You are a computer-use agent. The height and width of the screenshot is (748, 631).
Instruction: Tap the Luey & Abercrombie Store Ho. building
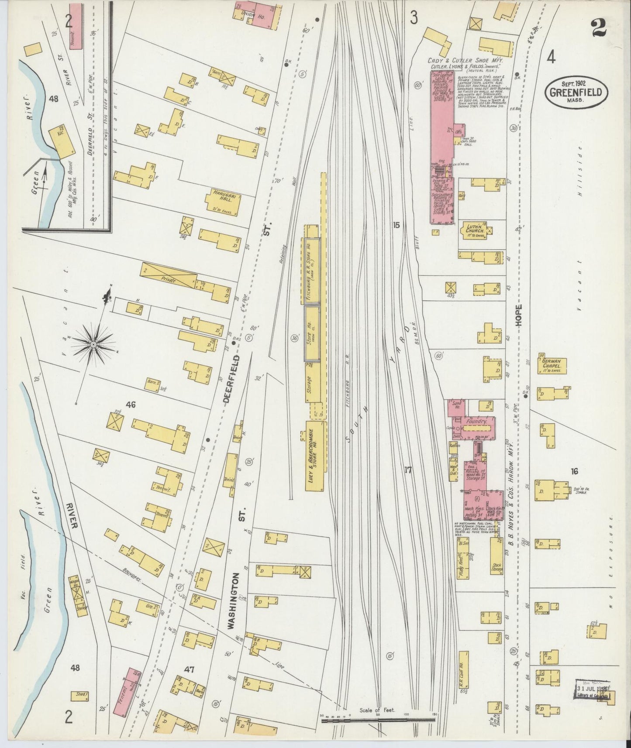pyautogui.click(x=316, y=456)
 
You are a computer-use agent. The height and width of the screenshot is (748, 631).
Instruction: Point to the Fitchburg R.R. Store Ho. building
pyautogui.click(x=311, y=271)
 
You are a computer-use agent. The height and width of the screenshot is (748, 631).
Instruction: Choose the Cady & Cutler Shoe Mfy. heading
pyautogui.click(x=467, y=61)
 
